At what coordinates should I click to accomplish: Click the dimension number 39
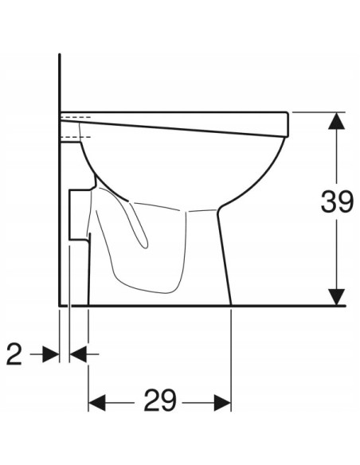337,202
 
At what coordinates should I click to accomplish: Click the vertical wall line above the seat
61,80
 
